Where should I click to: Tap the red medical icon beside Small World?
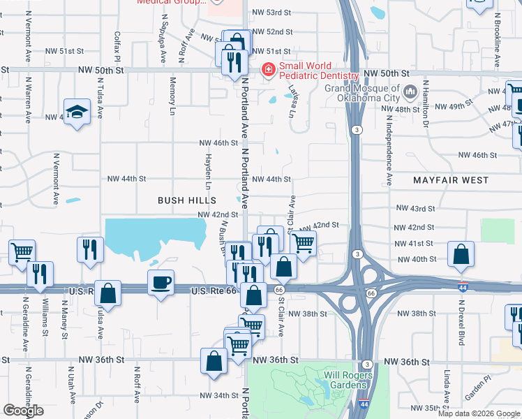point(267,70)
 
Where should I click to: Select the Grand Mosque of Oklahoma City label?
point(361,93)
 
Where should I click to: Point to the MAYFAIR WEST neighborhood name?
point(449,180)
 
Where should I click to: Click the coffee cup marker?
point(161,283)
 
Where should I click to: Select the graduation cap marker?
point(77,112)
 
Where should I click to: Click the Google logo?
point(23,411)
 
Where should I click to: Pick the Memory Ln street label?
point(172,96)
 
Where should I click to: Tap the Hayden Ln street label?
point(208,172)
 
